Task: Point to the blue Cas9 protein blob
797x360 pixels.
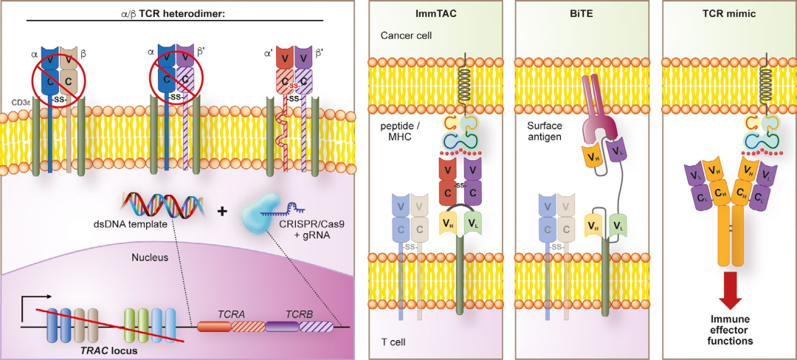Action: (261, 212)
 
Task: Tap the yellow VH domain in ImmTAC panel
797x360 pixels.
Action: (447, 222)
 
